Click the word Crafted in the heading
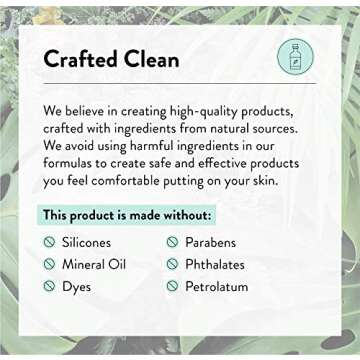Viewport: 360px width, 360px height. tap(77, 59)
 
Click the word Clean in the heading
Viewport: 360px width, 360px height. tap(146, 59)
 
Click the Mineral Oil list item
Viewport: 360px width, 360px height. tap(99, 264)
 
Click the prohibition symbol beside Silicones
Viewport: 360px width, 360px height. tap(49, 242)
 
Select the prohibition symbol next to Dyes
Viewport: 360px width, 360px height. tap(49, 286)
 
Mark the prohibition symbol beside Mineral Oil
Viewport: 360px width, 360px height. tap(49, 264)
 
